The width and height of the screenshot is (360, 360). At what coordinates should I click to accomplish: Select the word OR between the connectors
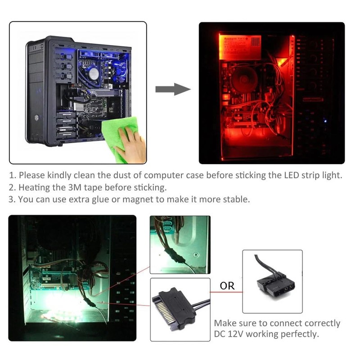pyautogui.click(x=227, y=285)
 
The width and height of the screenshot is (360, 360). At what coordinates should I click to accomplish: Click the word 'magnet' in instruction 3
pyautogui.click(x=138, y=199)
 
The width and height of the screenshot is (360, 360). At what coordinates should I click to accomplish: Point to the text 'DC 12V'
pyautogui.click(x=229, y=334)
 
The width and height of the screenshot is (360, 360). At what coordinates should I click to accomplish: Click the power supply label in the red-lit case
pyautogui.click(x=241, y=45)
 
